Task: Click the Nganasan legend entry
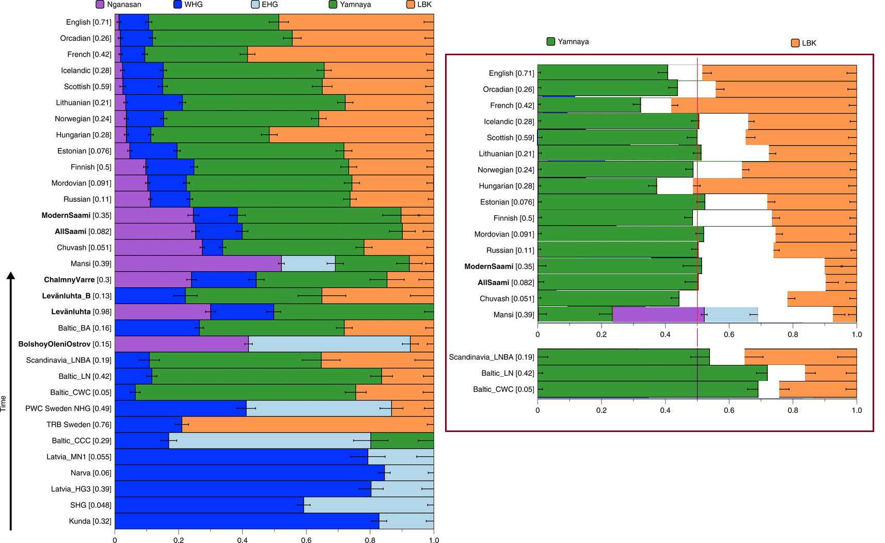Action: click(118, 5)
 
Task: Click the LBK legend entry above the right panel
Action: click(803, 43)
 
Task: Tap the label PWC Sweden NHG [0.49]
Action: click(68, 408)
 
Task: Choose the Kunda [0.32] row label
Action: click(90, 521)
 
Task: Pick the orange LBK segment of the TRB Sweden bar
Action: click(308, 425)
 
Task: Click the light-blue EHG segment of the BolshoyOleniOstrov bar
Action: click(329, 344)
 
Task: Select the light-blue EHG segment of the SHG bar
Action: click(369, 505)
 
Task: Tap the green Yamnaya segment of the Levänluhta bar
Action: click(353, 312)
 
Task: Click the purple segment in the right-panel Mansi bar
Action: click(658, 314)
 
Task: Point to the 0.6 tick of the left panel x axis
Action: click(306, 540)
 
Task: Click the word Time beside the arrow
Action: click(4, 403)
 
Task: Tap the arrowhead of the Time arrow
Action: click(10, 276)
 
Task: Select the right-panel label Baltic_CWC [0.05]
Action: click(503, 389)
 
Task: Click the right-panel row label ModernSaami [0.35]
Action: click(499, 266)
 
